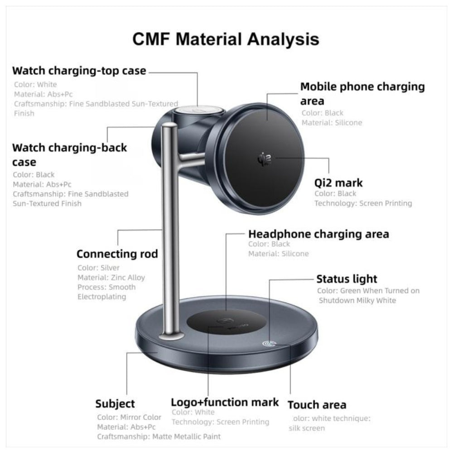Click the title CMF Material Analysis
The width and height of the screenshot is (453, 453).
(x=226, y=39)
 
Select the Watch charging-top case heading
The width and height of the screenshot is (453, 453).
(x=79, y=71)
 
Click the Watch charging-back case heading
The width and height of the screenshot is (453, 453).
(x=70, y=155)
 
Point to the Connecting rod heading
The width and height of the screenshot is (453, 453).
(x=117, y=254)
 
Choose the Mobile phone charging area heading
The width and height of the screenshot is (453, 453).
(x=362, y=94)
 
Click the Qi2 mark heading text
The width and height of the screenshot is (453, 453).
(x=338, y=183)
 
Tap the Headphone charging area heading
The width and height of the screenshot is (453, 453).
(x=318, y=234)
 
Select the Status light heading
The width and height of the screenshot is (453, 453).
(x=347, y=279)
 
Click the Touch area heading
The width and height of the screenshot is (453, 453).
(x=317, y=405)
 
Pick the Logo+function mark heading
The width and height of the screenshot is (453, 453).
(x=225, y=402)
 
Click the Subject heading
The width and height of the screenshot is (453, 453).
(x=115, y=404)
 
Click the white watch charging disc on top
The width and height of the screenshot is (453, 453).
(x=199, y=111)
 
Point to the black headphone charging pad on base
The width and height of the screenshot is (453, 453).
(x=226, y=323)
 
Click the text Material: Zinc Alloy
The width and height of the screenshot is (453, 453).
(x=111, y=278)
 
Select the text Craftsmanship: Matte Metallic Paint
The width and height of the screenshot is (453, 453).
(x=159, y=437)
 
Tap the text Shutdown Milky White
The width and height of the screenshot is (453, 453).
(x=357, y=300)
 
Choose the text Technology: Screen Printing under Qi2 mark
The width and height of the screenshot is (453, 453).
(x=363, y=203)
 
